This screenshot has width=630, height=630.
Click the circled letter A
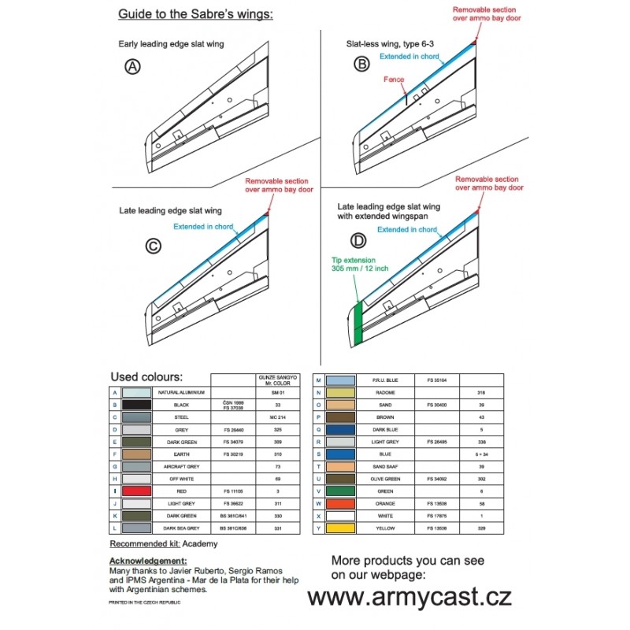[x=133, y=67]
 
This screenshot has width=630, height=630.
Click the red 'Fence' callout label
[x=394, y=80]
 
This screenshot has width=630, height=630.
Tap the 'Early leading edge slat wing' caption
[x=171, y=44]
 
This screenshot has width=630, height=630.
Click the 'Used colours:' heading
[x=146, y=376]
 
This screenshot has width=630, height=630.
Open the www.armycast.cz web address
[x=409, y=597]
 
